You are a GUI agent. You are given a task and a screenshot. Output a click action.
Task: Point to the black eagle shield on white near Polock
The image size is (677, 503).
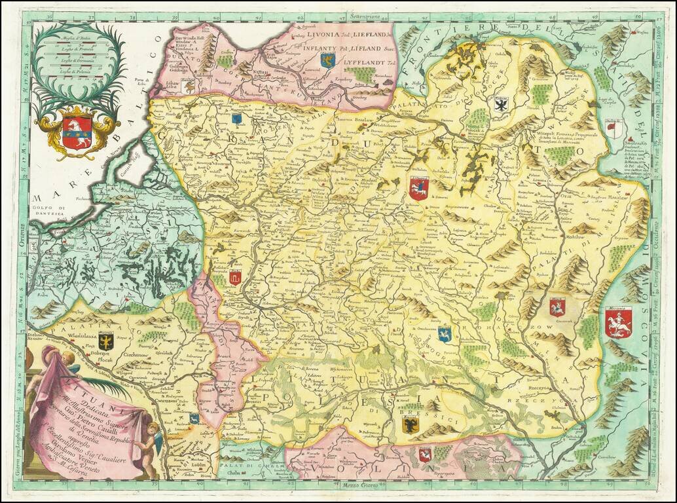pyautogui.click(x=501, y=104)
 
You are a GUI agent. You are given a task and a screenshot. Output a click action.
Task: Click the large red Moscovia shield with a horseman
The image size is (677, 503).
pyautogui.click(x=618, y=323)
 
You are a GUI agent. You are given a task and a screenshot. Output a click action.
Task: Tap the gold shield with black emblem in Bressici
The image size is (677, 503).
pyautogui.click(x=411, y=424)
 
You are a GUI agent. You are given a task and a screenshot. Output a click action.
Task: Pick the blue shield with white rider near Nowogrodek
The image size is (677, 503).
pyautogui.click(x=445, y=334)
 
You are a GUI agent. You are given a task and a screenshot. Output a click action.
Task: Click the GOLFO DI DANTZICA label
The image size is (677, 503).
pyautogui.click(x=53, y=208)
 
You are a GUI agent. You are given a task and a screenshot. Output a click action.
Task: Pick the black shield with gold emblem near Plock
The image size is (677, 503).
pyautogui.click(x=106, y=341)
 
